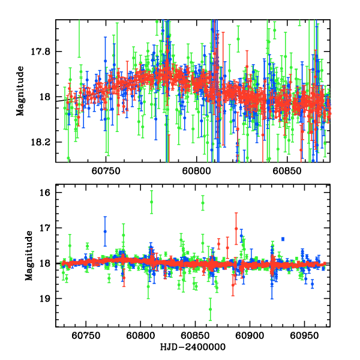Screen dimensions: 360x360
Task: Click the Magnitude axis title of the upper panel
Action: pyautogui.click(x=20, y=91)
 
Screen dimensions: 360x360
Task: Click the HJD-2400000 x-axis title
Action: pyautogui.click(x=192, y=347)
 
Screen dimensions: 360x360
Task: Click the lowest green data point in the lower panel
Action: pyautogui.click(x=210, y=309)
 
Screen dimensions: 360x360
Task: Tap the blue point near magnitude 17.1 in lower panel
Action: pyautogui.click(x=105, y=231)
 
